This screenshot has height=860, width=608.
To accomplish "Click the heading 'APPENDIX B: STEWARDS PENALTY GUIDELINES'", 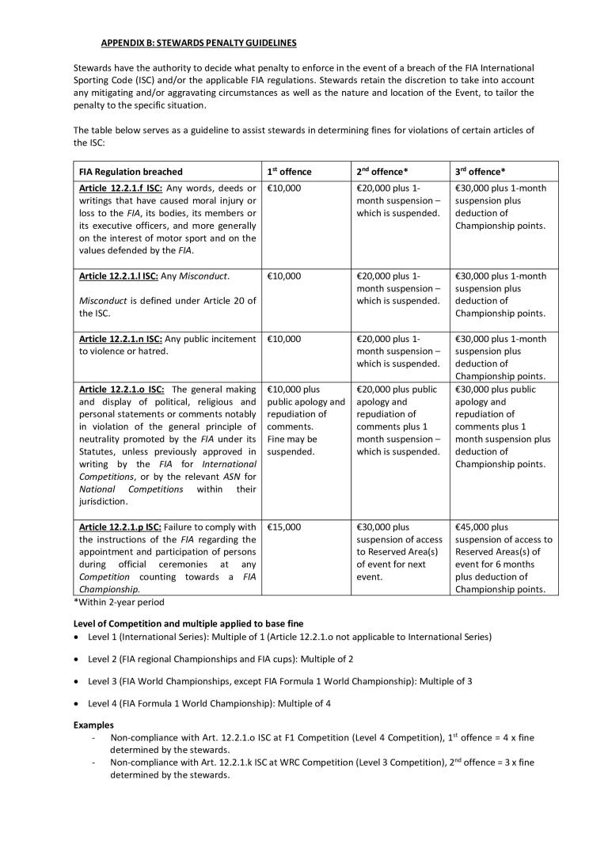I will pyautogui.click(x=199, y=42).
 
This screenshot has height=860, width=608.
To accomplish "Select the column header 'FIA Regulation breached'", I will pyautogui.click(x=131, y=172).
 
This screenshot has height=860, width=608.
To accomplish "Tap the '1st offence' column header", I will pyautogui.click(x=290, y=172).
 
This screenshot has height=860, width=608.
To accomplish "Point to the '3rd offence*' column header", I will pyautogui.click(x=481, y=172).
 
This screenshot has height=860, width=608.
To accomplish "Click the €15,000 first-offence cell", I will pyautogui.click(x=284, y=527).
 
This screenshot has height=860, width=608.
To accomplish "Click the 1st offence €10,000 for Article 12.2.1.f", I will pyautogui.click(x=284, y=188).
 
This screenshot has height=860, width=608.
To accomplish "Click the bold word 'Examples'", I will pyautogui.click(x=93, y=725).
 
